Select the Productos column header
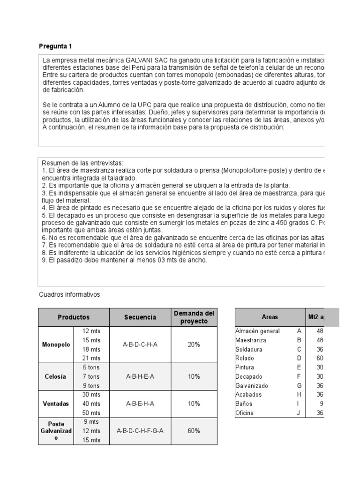tap(73, 317)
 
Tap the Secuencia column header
tap(140, 317)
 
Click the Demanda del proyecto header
tap(194, 317)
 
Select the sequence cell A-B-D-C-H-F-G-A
tap(140, 431)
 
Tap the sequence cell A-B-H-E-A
tap(140, 376)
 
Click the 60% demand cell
tap(194, 431)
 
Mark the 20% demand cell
tap(194, 345)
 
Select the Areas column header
tap(270, 317)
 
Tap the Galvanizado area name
tap(253, 386)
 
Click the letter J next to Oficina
tap(299, 413)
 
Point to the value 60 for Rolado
tap(320, 358)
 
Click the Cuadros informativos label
tap(69, 294)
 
